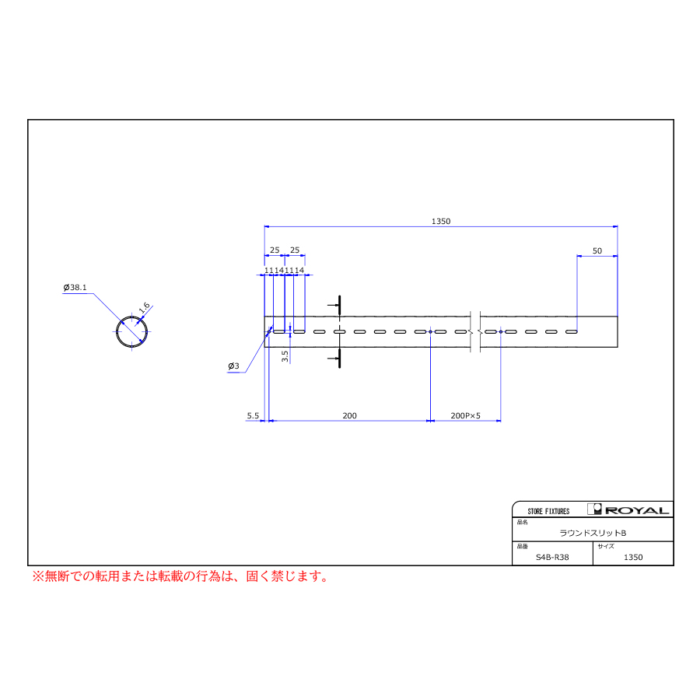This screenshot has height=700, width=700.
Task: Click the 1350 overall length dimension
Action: click(441, 222)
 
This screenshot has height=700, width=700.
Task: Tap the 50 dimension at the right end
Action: click(597, 251)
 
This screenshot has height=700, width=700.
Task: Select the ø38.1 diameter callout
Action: click(75, 288)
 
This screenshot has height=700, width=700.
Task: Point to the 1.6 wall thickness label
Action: click(144, 307)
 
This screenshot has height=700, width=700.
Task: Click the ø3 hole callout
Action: click(233, 366)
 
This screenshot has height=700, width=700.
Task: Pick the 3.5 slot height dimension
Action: click(285, 355)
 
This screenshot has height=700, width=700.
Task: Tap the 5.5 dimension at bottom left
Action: click(253, 415)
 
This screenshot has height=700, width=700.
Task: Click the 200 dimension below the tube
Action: click(349, 415)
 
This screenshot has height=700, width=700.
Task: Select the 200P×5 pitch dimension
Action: click(465, 415)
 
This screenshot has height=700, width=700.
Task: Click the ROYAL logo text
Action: click(637, 511)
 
